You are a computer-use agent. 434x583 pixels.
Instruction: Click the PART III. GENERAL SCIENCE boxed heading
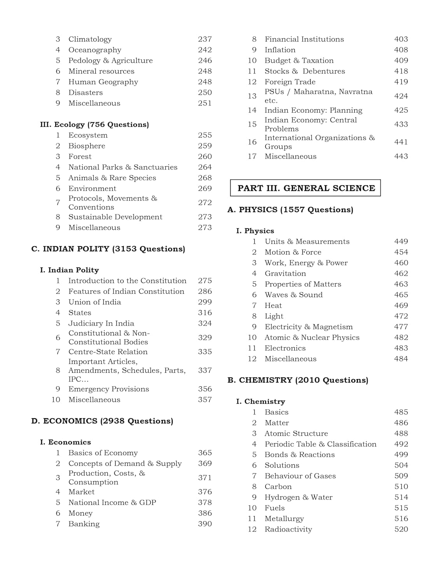coord(306,188)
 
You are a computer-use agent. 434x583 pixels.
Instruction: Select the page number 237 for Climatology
coord(205,39)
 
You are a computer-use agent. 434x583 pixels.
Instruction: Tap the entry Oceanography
coord(95,50)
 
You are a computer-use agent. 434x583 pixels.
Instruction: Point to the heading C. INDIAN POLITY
coord(108,249)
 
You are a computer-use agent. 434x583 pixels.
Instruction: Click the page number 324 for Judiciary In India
coord(205,323)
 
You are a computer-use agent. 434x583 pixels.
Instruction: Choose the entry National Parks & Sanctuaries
coord(123,167)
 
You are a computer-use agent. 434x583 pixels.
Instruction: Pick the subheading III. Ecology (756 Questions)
coord(94,124)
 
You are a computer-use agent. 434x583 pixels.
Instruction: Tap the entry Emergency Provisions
coord(108,389)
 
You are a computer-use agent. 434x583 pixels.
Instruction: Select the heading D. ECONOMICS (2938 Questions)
coord(102,421)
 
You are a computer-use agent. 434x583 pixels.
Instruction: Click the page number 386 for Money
coord(205,513)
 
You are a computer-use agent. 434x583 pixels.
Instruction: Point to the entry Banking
coord(84,524)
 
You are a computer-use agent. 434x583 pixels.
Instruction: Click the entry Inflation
coord(280,50)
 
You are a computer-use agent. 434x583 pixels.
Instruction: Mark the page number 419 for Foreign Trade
coord(401,82)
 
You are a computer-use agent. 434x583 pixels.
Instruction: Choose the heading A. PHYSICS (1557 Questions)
coord(290,209)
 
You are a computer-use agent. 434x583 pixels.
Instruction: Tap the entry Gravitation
coord(285,274)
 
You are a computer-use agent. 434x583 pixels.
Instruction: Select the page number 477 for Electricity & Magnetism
coord(401,327)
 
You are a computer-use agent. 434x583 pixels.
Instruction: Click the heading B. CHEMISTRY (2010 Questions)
coord(297,380)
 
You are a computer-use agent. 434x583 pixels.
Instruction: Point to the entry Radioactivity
coord(288,529)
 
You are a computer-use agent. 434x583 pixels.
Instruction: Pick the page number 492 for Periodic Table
coord(401,444)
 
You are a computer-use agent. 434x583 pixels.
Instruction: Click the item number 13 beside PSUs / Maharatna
coord(252,96)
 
